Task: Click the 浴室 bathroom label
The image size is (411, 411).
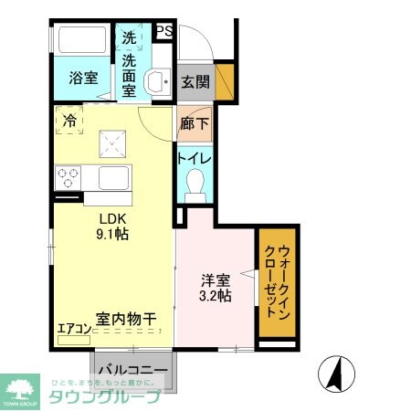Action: (84, 79)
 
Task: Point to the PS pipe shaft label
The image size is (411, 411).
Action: (164, 32)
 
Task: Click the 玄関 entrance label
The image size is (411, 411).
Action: (195, 81)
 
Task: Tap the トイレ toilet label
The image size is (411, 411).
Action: (195, 158)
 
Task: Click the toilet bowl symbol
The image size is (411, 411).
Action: (195, 188)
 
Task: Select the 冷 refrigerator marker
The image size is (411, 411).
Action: (69, 119)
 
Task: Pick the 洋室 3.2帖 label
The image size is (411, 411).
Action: (215, 287)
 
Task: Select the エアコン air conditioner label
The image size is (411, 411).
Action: (73, 330)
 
